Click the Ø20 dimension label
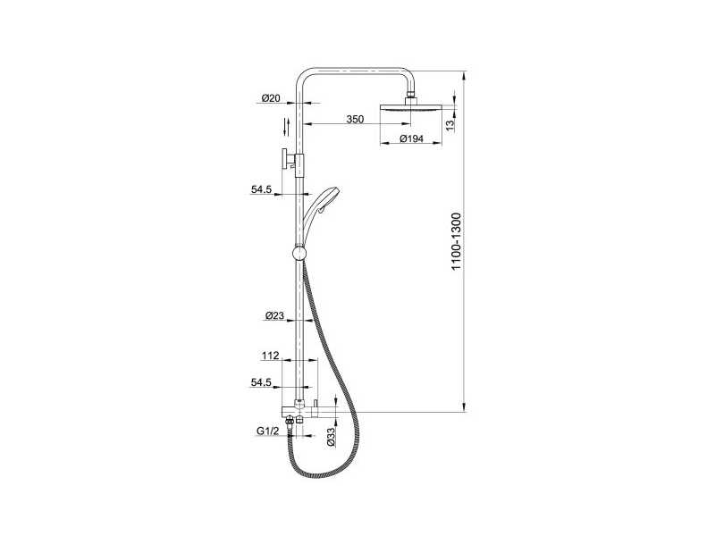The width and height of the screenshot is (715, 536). coord(271,98)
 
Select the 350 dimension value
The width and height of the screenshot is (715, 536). coord(355,120)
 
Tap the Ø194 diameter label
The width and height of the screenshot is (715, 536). coord(412,138)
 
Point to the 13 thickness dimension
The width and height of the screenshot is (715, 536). coord(450,125)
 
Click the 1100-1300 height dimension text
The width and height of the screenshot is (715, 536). coord(457,241)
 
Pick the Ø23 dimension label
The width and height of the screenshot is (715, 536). coord(274,315)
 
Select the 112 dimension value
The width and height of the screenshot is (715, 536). coord(271,356)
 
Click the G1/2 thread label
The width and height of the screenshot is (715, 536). coord(267,431)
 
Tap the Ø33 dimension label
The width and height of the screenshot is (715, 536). coord(332,436)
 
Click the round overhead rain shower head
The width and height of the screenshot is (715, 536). coord(411,108)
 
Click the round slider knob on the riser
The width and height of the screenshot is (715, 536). coord(299,254)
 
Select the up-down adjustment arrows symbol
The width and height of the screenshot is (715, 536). coord(286,127)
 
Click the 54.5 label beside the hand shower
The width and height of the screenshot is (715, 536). coord(261,189)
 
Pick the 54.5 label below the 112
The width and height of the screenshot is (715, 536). coord(261,383)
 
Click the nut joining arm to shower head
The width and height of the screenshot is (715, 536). coord(411,96)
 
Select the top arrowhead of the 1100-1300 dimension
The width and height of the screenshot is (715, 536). coord(464,75)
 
